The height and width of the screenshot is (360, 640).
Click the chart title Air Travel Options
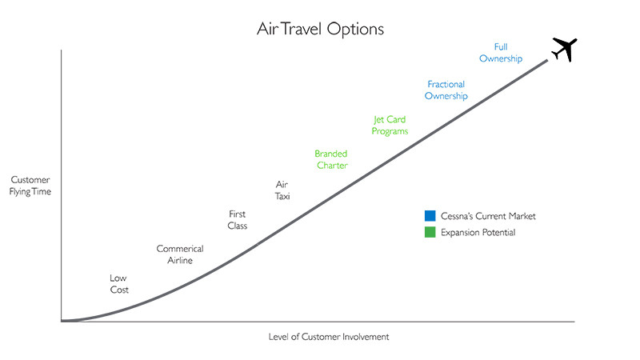coord(321,29)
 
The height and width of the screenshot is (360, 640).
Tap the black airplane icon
coord(565,49)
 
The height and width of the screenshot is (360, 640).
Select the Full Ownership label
coord(501,53)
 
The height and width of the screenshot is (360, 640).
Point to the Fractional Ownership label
coord(446,90)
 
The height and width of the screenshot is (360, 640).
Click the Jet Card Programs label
coord(390,126)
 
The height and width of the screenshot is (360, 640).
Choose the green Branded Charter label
coord(331,159)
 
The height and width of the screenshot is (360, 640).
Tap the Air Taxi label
coord(282,190)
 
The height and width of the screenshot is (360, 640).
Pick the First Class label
coord(238,220)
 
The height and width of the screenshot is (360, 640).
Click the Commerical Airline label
coord(180,254)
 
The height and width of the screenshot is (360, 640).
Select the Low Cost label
coord(119,284)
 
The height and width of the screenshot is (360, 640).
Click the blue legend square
coord(430,215)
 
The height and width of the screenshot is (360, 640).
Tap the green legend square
coord(430,232)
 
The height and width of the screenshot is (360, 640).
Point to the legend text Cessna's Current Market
coord(488,216)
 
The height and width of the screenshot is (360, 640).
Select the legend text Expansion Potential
coord(478,232)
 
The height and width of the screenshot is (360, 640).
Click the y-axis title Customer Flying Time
coord(30,186)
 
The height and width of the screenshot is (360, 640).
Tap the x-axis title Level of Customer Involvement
coord(329,337)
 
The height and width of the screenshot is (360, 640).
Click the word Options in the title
coord(355,30)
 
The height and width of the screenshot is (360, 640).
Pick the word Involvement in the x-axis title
coord(366,337)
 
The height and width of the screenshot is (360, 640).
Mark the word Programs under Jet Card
coord(390,131)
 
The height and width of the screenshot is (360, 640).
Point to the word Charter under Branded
coord(333,166)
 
